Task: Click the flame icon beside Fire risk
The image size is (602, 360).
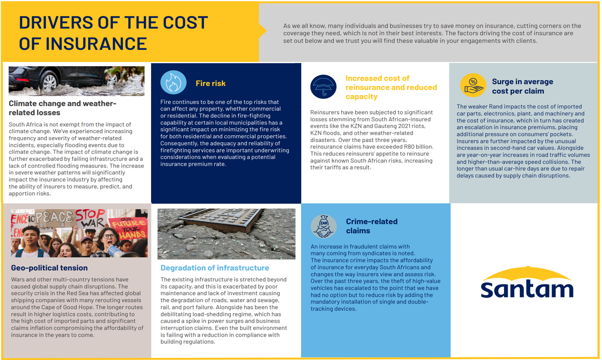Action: tap(173, 82)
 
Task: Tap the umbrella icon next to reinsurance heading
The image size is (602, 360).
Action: tap(323, 87)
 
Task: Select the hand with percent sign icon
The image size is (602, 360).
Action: tap(473, 85)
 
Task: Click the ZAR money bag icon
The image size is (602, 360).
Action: tap(323, 226)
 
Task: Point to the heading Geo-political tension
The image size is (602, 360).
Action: tap(49, 268)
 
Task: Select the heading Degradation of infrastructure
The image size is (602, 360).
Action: tap(215, 268)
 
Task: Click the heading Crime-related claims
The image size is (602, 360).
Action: tap(371, 226)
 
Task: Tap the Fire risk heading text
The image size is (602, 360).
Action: tap(210, 83)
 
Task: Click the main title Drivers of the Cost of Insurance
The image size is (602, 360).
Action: tap(113, 33)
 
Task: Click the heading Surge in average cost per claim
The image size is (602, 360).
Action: tap(522, 86)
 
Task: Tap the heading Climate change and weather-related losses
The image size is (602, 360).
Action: tap(62, 108)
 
